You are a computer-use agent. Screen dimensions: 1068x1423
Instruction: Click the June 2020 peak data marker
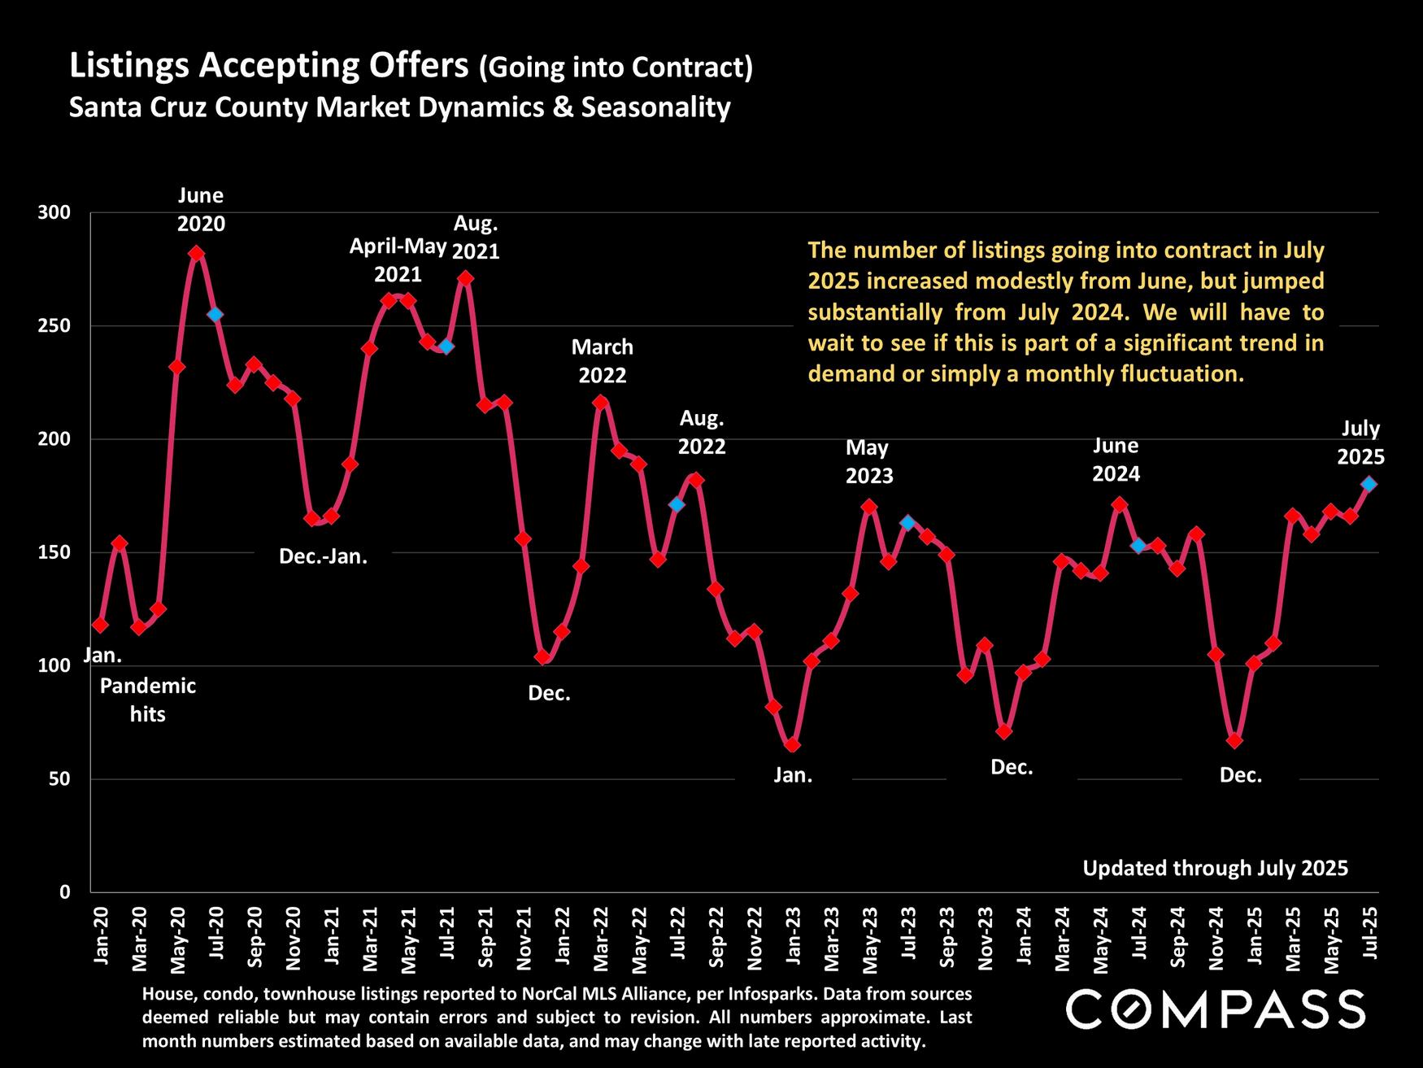196,253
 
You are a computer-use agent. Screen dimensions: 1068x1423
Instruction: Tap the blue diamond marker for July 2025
1369,484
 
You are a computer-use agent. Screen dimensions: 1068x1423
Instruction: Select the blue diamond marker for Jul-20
215,315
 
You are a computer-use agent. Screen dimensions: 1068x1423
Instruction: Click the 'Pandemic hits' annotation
148,700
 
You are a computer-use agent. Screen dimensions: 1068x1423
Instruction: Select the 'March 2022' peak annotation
603,360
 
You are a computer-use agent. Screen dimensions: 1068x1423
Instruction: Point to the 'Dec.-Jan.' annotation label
324,557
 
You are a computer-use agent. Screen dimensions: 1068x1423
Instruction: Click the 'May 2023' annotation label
868,461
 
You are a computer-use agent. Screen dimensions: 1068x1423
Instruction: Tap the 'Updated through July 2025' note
1215,869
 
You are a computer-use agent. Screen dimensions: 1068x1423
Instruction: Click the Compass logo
1216,1009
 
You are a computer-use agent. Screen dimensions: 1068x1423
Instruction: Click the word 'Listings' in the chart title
130,66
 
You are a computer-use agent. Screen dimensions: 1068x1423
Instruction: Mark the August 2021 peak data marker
465,278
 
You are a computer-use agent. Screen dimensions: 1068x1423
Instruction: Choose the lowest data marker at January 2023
793,744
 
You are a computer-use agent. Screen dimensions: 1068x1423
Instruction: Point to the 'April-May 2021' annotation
398,259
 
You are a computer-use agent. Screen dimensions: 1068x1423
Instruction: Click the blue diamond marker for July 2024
1138,545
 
